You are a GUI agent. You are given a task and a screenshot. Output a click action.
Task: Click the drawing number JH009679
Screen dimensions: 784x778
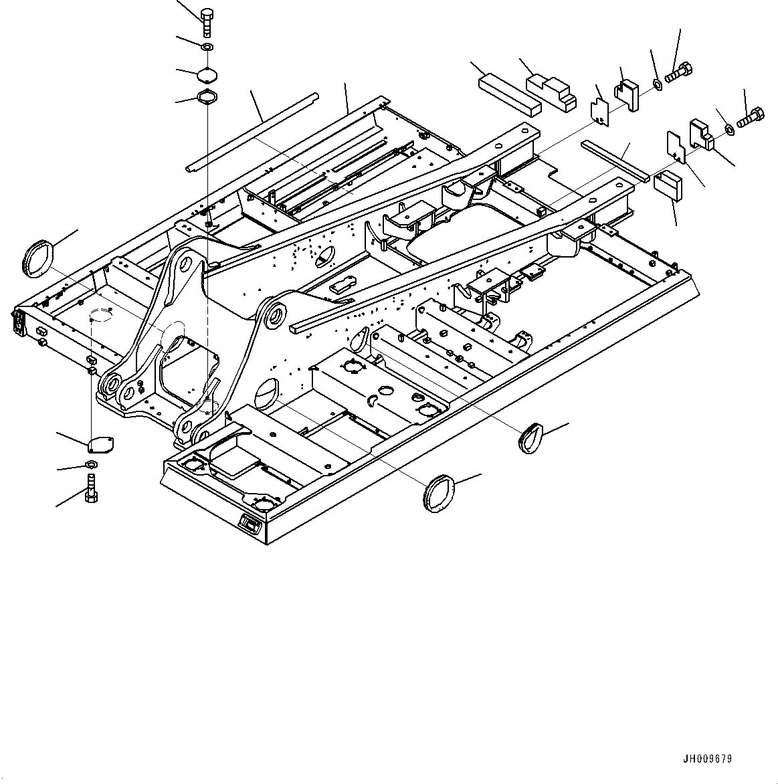point(707,759)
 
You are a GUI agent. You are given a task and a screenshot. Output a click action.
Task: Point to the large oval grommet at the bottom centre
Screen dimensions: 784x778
point(437,493)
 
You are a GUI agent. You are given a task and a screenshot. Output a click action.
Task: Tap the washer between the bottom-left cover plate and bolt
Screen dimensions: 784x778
point(91,466)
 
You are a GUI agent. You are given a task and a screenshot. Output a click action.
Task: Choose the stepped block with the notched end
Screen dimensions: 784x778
point(552,91)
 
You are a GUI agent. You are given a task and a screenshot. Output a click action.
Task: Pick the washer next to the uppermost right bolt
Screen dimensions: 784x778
point(657,84)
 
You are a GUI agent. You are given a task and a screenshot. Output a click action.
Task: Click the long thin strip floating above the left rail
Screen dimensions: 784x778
point(252,133)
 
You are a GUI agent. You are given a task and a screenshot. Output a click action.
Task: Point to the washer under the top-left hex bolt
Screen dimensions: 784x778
point(207,47)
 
